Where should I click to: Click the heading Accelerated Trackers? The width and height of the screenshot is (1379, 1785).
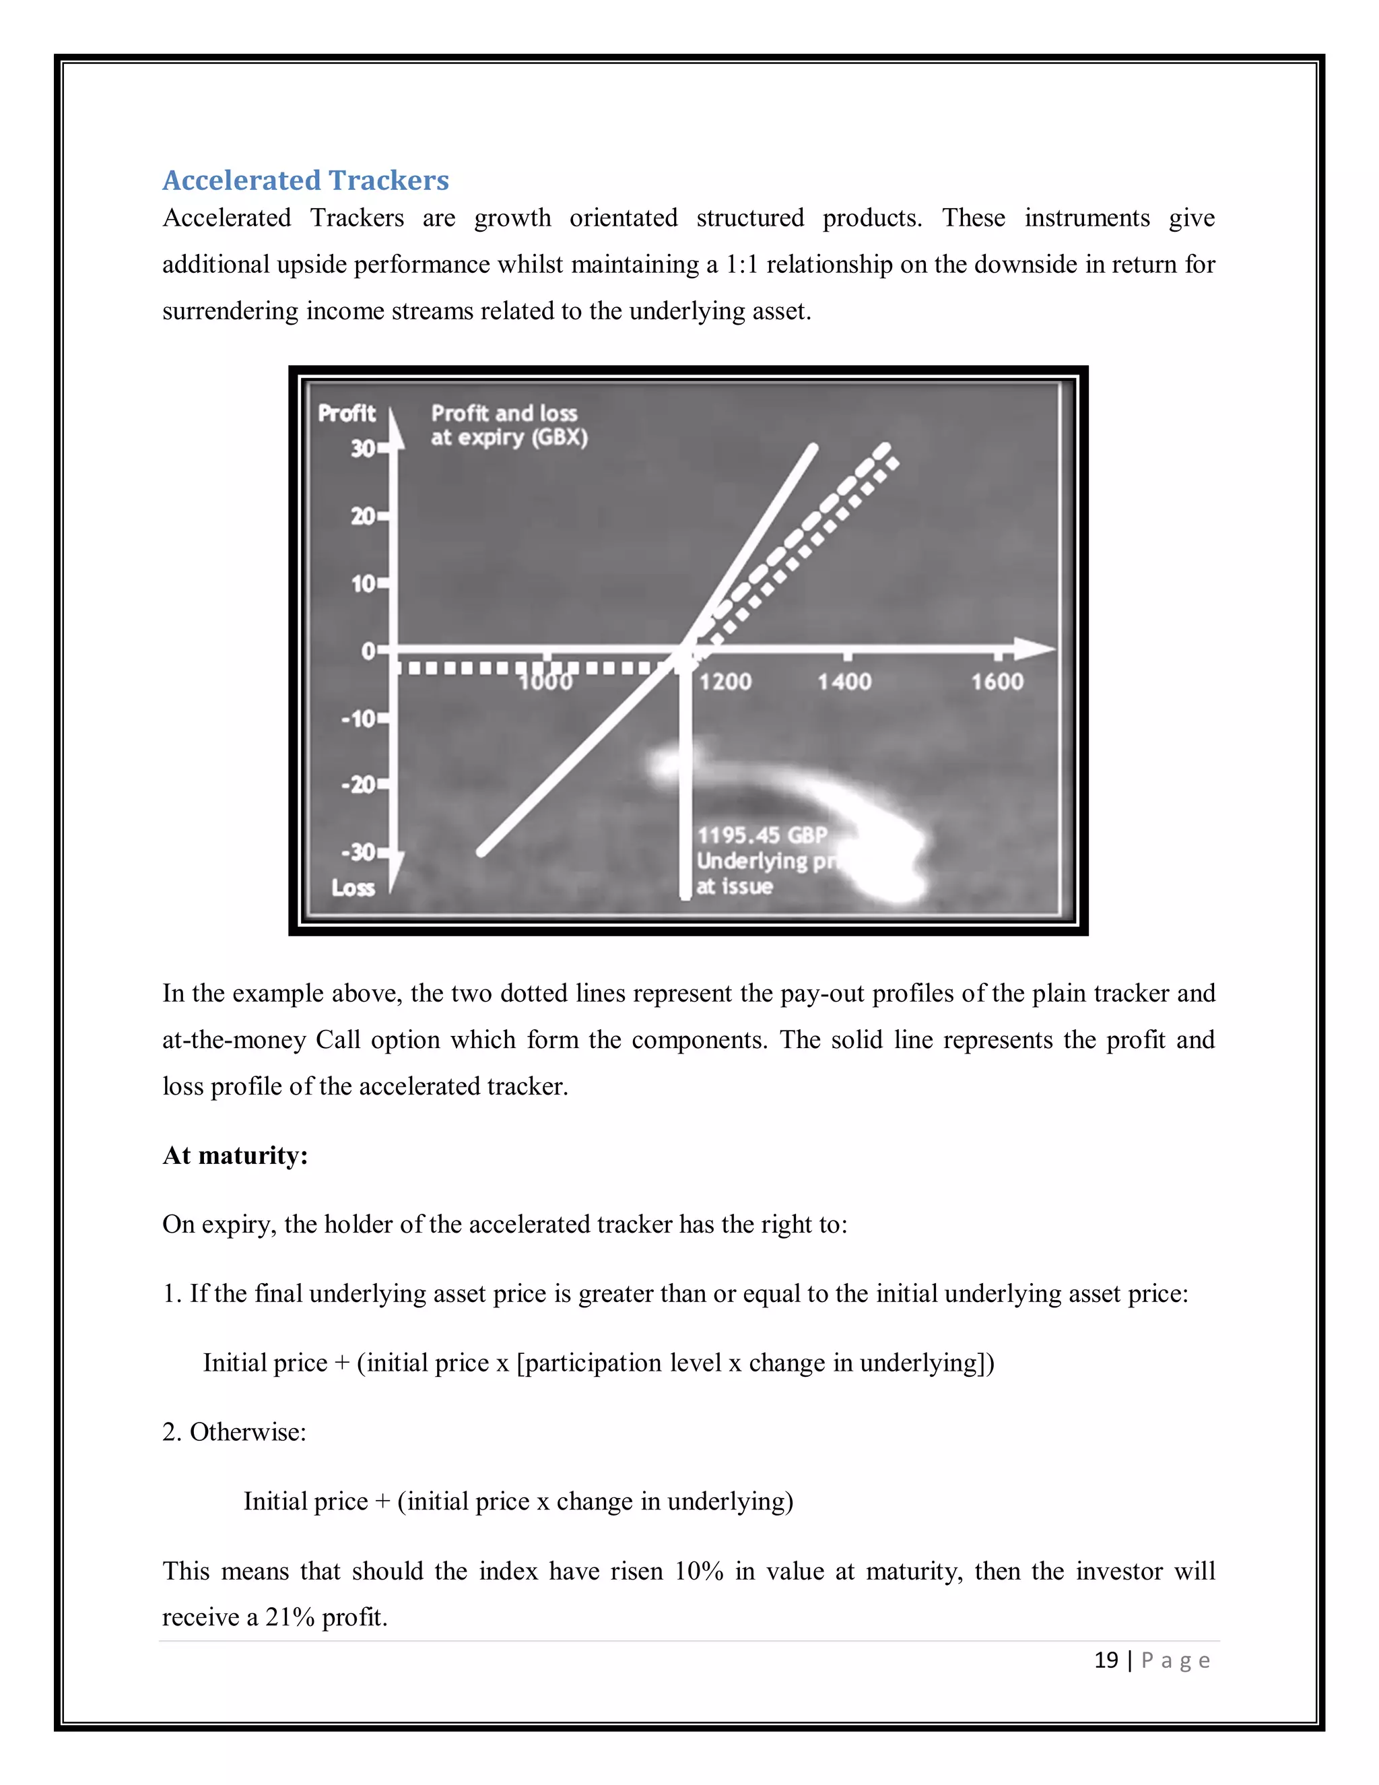pos(306,180)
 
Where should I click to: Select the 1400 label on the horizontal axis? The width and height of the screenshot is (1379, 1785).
pos(845,681)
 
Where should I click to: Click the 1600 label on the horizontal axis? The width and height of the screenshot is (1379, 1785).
pos(997,681)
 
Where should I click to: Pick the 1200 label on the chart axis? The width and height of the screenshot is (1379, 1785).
pos(725,681)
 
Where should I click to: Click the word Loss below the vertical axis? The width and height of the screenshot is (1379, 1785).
pos(353,888)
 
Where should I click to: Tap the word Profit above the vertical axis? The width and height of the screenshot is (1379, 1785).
pos(346,413)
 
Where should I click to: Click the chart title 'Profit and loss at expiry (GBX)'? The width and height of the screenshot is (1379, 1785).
pos(508,425)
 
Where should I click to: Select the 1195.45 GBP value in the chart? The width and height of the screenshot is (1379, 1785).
pos(762,835)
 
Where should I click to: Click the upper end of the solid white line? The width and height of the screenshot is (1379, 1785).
pos(813,447)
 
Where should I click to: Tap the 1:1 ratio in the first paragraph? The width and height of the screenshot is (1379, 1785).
pos(743,264)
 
